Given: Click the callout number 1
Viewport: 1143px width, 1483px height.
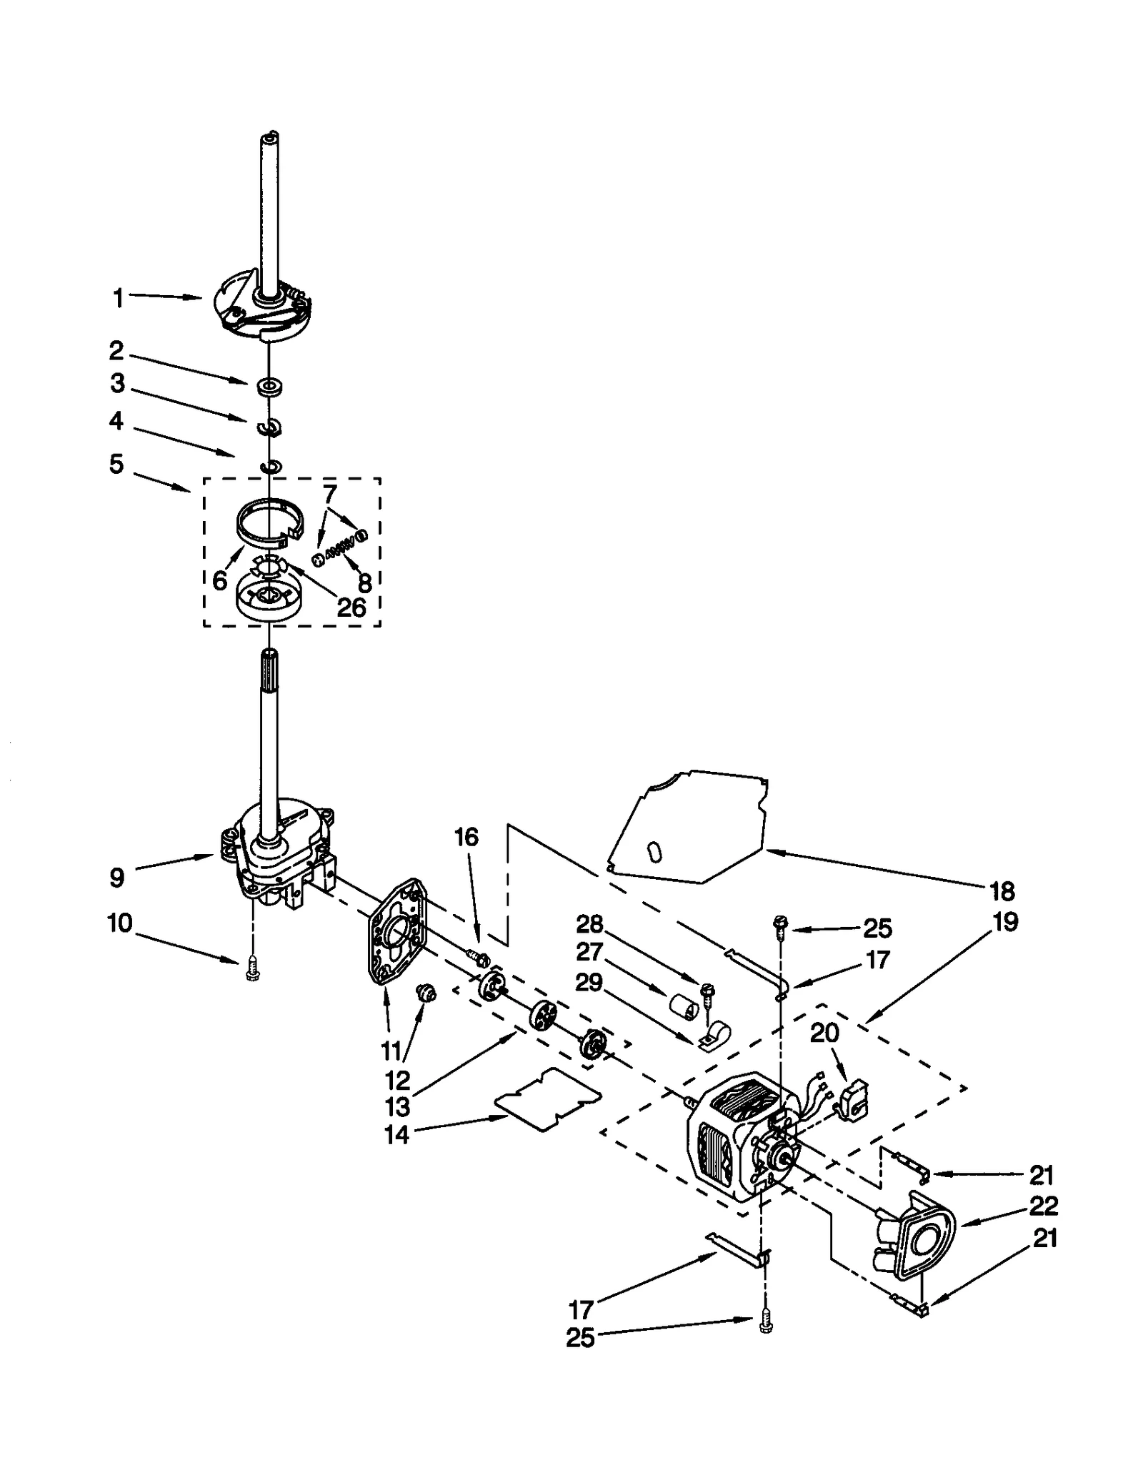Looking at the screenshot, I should pos(119,298).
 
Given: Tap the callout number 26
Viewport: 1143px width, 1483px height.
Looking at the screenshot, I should pos(351,608).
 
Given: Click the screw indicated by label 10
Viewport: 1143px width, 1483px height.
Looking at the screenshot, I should pos(251,971).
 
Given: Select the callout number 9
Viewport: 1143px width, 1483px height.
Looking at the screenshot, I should pos(117,878).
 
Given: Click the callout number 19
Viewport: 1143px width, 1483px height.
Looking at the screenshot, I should pos(1005,922).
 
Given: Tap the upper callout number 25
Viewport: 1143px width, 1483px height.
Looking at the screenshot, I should pos(878,928).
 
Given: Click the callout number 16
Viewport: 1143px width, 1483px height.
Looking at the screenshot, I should pos(466,837).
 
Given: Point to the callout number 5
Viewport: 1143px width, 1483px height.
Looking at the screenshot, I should pos(116,464).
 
